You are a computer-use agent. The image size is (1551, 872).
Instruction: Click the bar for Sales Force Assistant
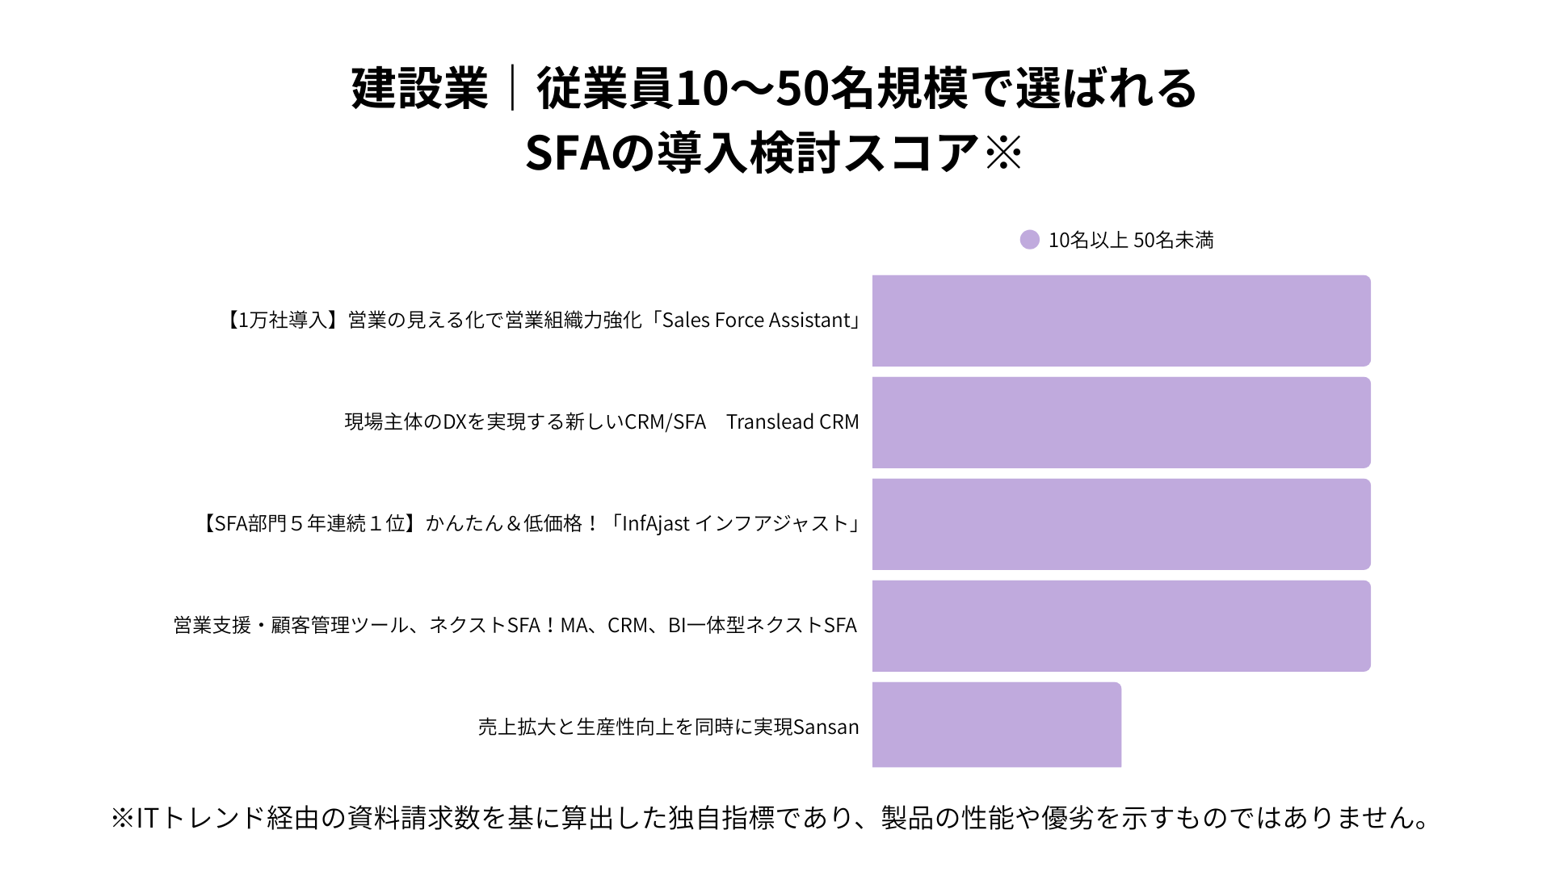tap(1121, 321)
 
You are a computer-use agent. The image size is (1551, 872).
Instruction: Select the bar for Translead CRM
tap(1121, 422)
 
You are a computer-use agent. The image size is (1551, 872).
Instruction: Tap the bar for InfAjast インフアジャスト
tap(1121, 524)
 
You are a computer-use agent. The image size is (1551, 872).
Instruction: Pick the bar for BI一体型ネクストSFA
tap(1121, 626)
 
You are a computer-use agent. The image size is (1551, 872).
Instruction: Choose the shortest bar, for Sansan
tap(997, 724)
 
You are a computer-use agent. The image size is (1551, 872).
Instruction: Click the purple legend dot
tap(1029, 240)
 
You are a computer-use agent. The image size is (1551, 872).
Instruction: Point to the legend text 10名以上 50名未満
tap(1131, 241)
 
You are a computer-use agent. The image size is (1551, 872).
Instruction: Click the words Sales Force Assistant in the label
tap(756, 321)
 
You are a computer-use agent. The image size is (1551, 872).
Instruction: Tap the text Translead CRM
tap(792, 422)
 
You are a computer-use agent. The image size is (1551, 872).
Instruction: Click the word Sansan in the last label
tap(826, 727)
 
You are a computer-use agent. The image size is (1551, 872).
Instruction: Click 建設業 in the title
tap(420, 88)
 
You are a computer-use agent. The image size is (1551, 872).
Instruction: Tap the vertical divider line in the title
tap(512, 88)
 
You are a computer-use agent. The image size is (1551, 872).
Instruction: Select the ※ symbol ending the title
tap(1004, 152)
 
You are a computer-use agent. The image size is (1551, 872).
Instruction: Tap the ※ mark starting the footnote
tap(122, 818)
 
